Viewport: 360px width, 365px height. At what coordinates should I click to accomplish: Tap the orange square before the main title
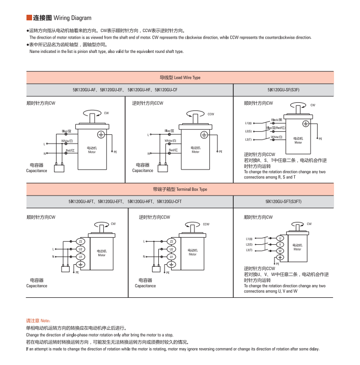pos(29,18)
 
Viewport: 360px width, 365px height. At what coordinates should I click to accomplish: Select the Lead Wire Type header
pos(180,78)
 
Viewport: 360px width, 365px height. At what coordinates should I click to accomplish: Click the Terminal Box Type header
pos(180,189)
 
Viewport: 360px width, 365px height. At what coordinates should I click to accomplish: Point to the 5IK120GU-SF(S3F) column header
pos(283,90)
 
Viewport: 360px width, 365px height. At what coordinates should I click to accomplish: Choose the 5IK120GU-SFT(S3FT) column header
pos(283,202)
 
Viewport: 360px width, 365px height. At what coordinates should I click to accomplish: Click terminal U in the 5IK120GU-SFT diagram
pos(280,238)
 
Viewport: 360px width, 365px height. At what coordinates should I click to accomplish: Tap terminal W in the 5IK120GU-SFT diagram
pos(280,251)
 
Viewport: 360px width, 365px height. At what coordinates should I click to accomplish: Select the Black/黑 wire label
pos(276,119)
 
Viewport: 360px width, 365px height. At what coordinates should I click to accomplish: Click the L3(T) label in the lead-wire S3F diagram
pos(248,139)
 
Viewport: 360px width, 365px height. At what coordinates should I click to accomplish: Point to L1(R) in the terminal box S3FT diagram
pos(249,239)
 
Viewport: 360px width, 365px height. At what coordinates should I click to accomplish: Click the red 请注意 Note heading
pos(38,321)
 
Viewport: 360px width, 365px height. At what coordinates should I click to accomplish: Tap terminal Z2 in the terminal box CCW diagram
pos(172,241)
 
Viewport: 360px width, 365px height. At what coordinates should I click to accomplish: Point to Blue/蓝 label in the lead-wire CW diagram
pos(67,131)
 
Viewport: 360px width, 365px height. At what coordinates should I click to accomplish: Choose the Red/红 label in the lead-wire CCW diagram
pos(173,150)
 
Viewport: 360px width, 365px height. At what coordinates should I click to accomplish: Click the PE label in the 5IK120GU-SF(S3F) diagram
pos(320,138)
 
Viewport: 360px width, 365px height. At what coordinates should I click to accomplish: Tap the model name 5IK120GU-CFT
pos(169,202)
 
